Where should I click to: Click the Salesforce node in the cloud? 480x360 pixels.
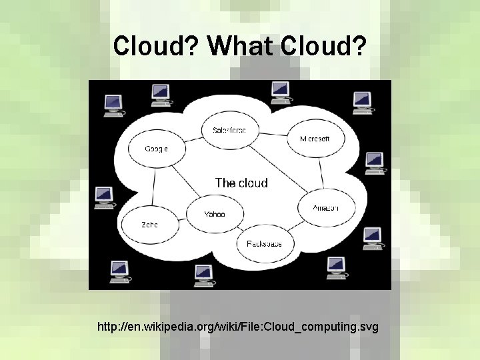229,129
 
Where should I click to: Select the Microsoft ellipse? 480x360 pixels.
314,139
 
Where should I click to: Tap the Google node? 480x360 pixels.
156,148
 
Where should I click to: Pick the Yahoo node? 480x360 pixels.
215,214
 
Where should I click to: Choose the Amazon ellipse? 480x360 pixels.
325,208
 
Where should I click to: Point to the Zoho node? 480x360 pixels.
149,225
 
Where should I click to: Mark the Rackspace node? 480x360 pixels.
264,243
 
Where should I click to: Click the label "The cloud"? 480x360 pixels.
241,183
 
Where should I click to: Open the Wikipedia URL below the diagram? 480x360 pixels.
237,327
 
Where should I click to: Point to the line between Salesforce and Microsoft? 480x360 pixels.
271,134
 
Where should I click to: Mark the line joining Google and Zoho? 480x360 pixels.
153,187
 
